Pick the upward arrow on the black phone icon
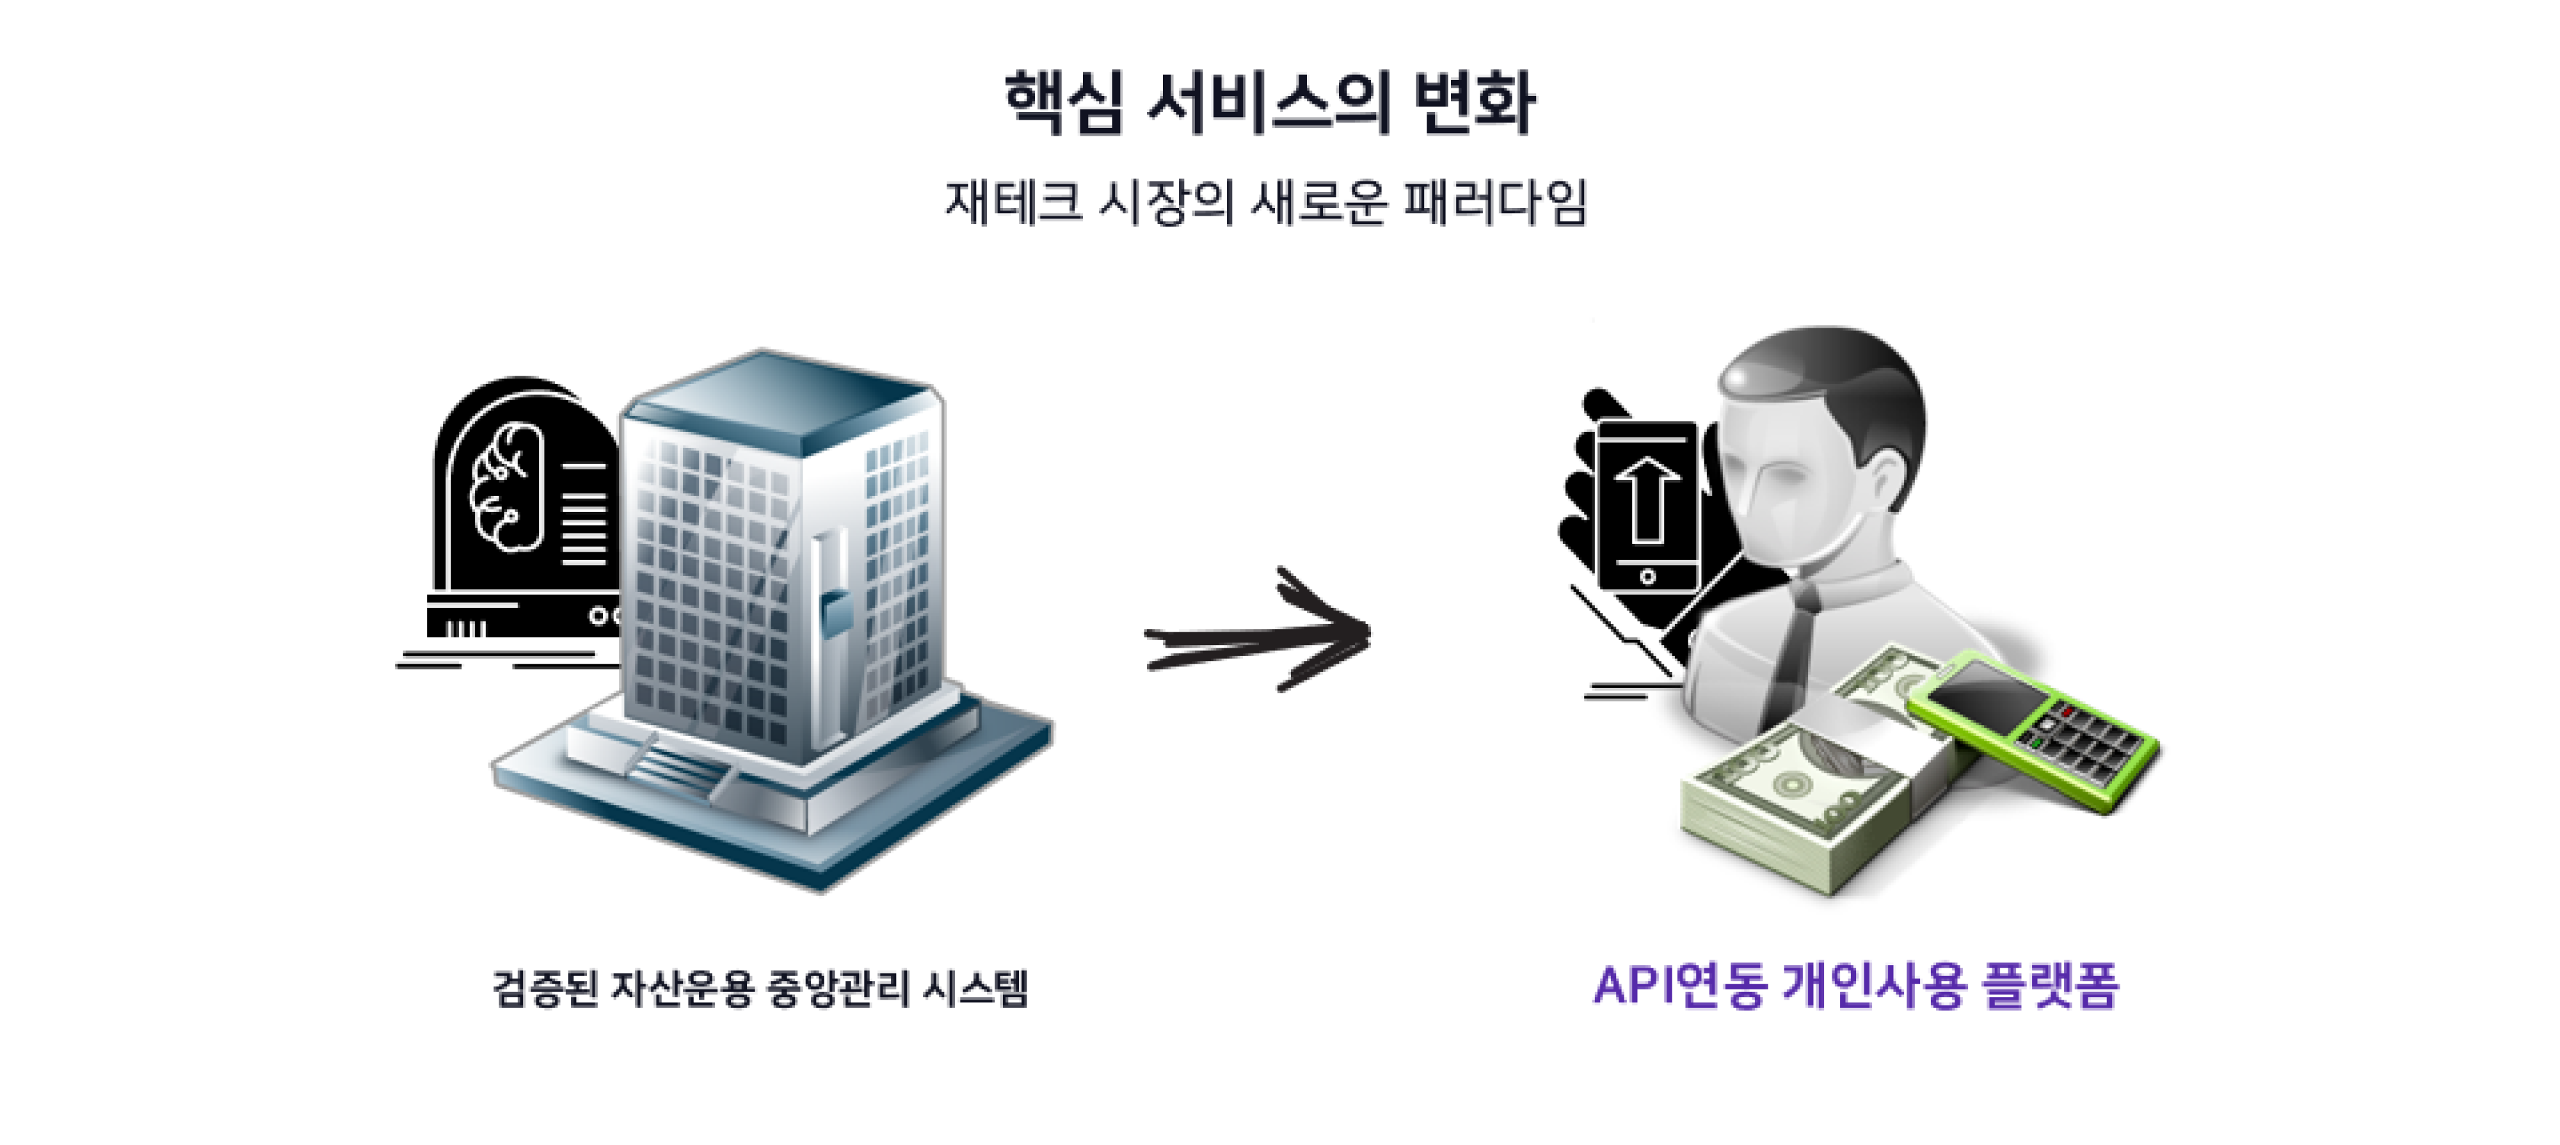(x=1647, y=497)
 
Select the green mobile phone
(x=2032, y=730)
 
